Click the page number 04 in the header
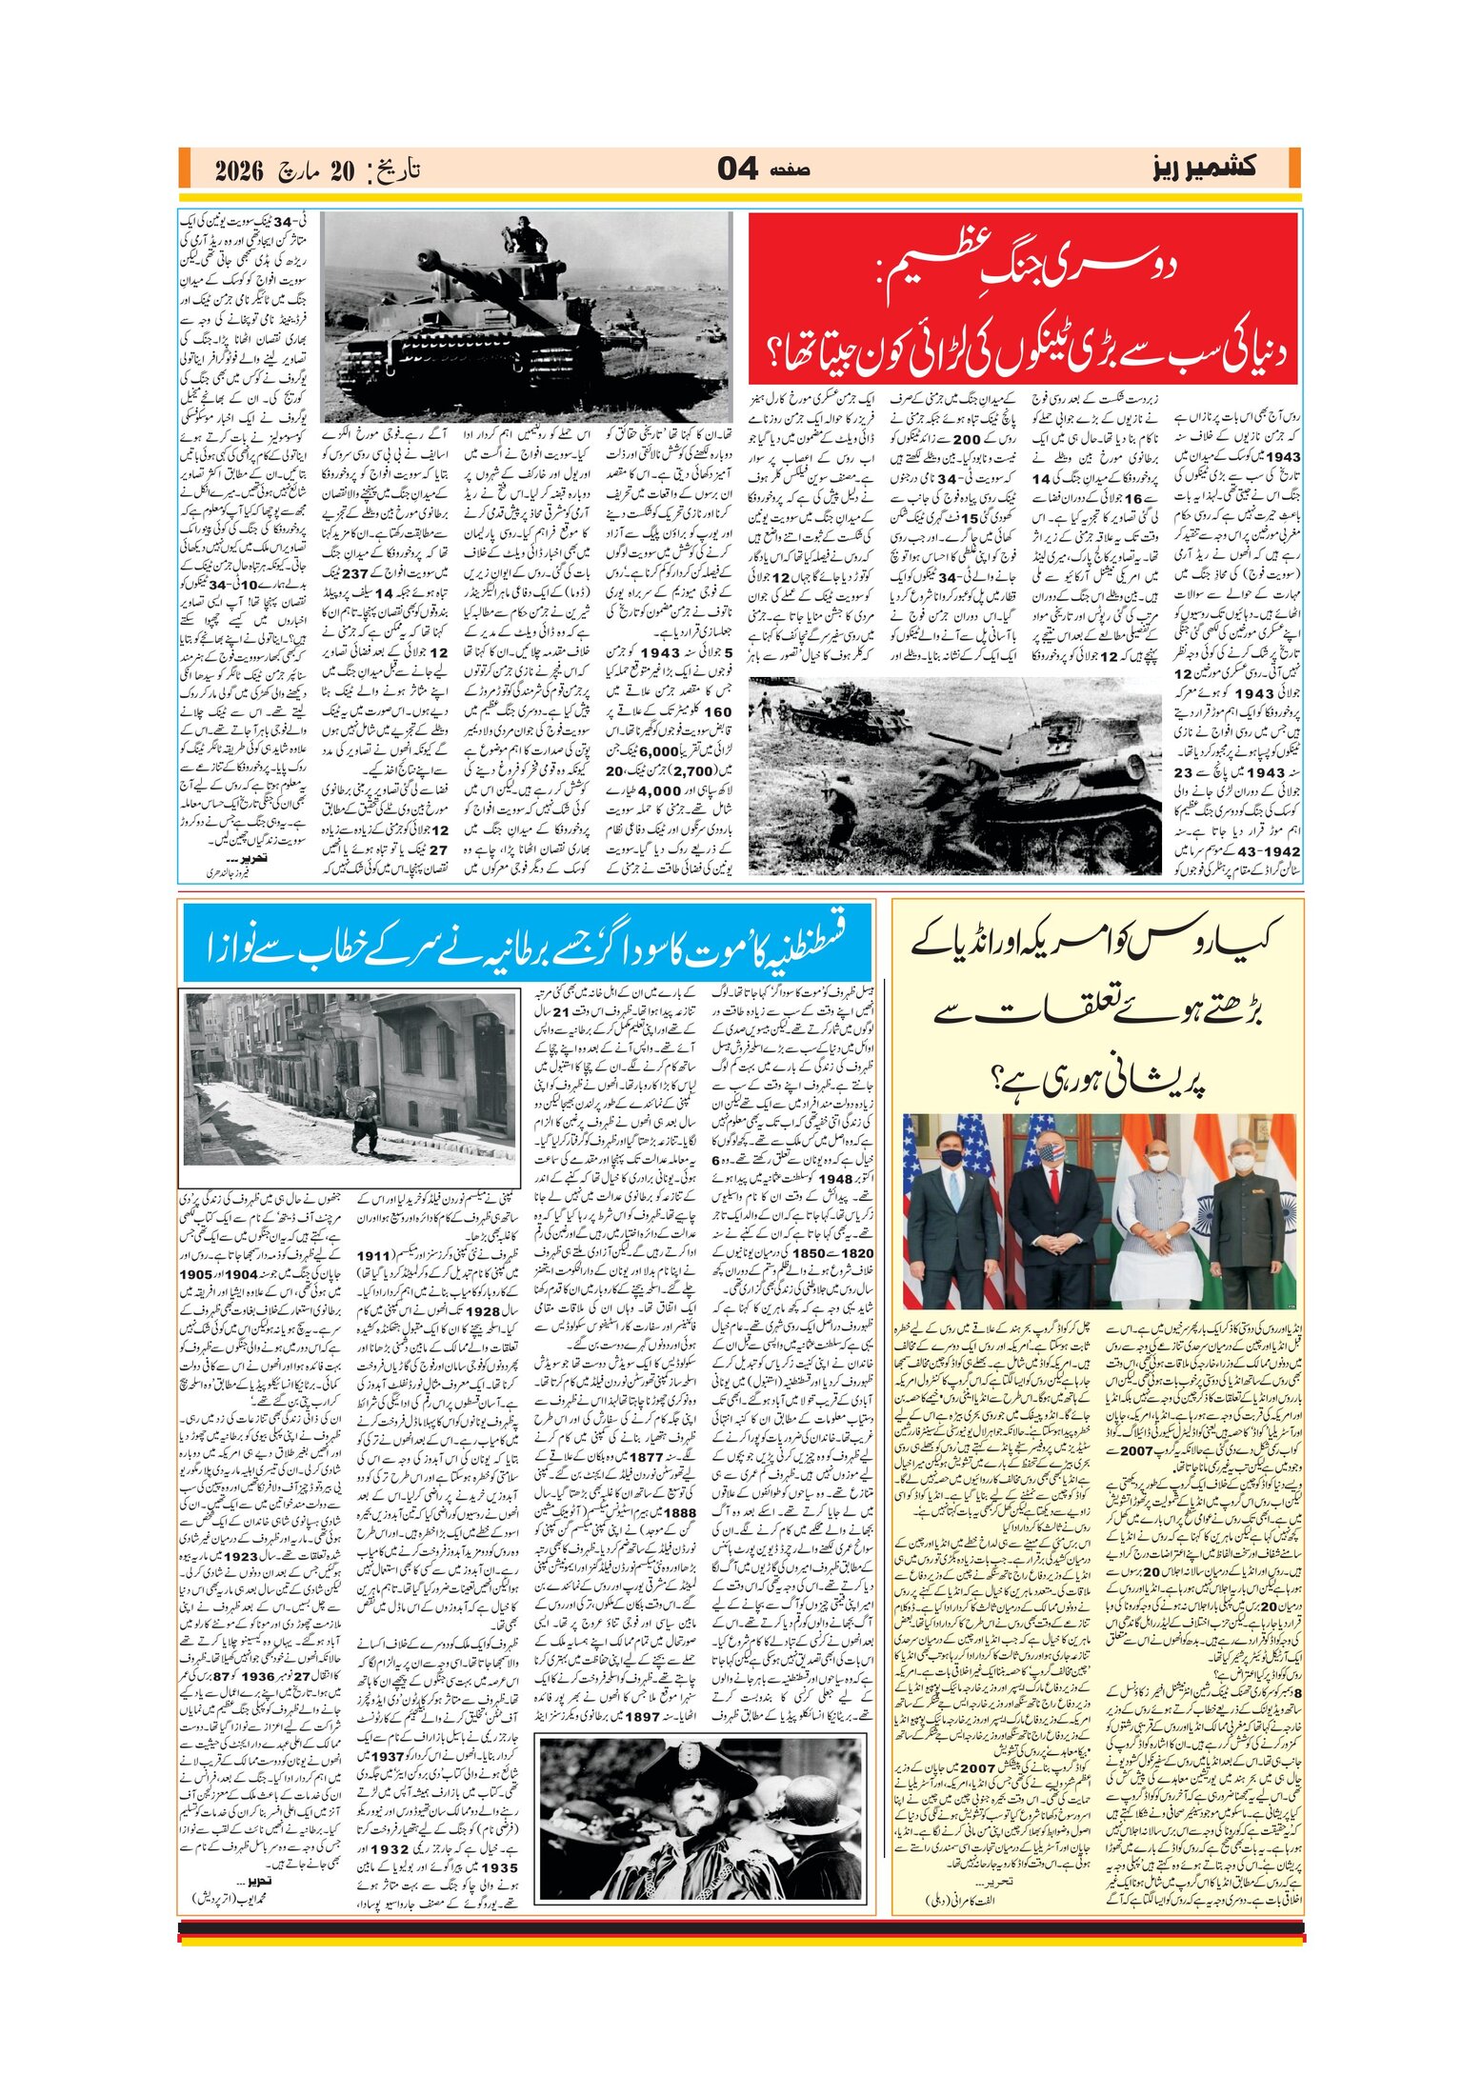pyautogui.click(x=737, y=170)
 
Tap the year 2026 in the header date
pyautogui.click(x=238, y=171)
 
